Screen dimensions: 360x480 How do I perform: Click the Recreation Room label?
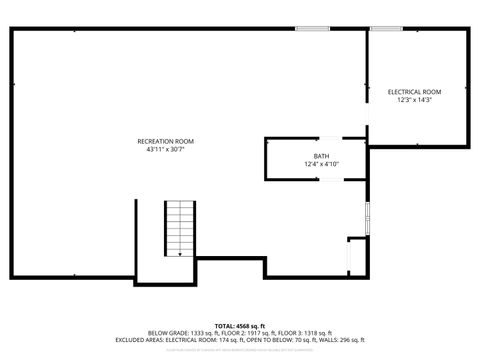click(165, 141)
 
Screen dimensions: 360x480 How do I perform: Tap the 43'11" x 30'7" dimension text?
click(165, 149)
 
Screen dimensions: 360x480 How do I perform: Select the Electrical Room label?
click(414, 92)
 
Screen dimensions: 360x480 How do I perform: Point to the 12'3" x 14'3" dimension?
click(414, 100)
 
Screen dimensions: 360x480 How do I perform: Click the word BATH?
click(321, 156)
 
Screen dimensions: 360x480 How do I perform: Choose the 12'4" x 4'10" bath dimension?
click(321, 164)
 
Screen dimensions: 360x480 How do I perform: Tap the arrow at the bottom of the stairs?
click(180, 254)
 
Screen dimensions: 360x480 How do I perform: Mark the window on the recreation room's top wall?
click(312, 29)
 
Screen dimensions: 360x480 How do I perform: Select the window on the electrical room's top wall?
click(386, 29)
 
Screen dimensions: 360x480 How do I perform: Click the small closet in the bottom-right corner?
click(357, 258)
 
